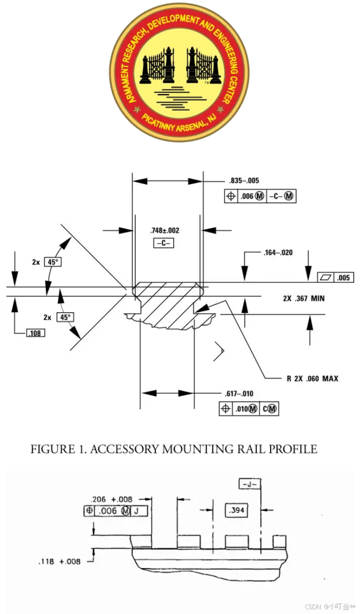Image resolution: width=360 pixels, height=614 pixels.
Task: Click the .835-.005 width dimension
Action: [x=244, y=181]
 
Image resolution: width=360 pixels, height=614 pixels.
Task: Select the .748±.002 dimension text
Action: [x=165, y=230]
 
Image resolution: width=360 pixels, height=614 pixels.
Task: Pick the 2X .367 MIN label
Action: [x=304, y=298]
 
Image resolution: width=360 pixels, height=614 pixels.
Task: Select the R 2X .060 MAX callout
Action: [x=312, y=379]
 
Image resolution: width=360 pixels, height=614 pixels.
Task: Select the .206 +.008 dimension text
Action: [x=112, y=499]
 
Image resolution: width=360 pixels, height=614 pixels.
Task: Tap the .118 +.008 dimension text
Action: [x=59, y=561]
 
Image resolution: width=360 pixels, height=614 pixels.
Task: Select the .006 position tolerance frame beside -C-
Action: [x=261, y=196]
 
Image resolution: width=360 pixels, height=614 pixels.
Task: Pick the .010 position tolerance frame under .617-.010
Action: [x=249, y=409]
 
